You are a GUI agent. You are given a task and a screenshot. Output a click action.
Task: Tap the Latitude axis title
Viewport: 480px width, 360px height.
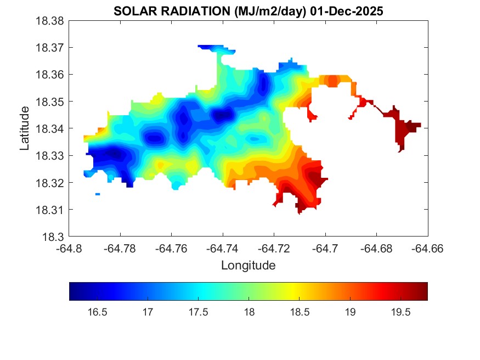click(x=25, y=129)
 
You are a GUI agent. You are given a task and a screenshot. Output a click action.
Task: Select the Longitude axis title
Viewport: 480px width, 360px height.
click(x=248, y=266)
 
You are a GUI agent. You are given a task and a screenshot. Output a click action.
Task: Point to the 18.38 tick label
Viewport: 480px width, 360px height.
click(x=51, y=21)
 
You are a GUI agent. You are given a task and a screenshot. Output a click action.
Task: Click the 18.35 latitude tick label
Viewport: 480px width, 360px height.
click(x=51, y=102)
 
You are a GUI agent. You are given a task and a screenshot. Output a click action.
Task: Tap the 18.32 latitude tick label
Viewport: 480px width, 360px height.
click(x=51, y=183)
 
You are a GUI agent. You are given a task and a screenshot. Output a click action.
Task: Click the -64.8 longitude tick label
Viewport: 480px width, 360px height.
click(x=70, y=249)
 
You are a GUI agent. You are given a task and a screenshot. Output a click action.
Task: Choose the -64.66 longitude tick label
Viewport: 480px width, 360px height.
click(x=427, y=249)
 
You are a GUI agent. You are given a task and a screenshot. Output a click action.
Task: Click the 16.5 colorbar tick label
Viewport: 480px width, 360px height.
click(x=97, y=312)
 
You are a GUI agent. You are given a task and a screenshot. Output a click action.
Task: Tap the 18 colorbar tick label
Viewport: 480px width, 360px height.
click(x=249, y=312)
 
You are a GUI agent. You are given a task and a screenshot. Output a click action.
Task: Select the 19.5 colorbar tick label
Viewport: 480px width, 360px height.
click(x=400, y=312)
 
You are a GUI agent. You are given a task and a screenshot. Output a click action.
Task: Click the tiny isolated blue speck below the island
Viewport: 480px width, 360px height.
click(x=98, y=194)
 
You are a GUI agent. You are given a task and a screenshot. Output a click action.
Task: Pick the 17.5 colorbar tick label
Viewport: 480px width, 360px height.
click(x=198, y=312)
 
